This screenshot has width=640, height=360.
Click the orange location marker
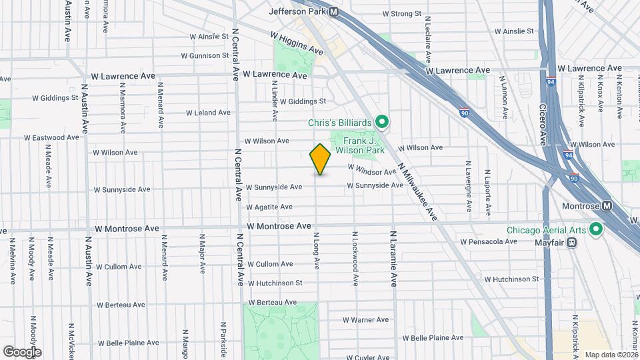[x=320, y=159]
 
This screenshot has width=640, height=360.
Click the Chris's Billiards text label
[x=339, y=123]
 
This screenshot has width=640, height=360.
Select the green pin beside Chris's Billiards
[x=382, y=122]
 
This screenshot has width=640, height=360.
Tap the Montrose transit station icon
[x=607, y=207]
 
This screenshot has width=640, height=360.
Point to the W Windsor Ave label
[x=371, y=171]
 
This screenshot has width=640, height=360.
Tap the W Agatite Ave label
[x=269, y=207]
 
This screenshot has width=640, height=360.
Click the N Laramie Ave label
[x=393, y=259]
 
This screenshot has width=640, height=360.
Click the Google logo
[x=21, y=352]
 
